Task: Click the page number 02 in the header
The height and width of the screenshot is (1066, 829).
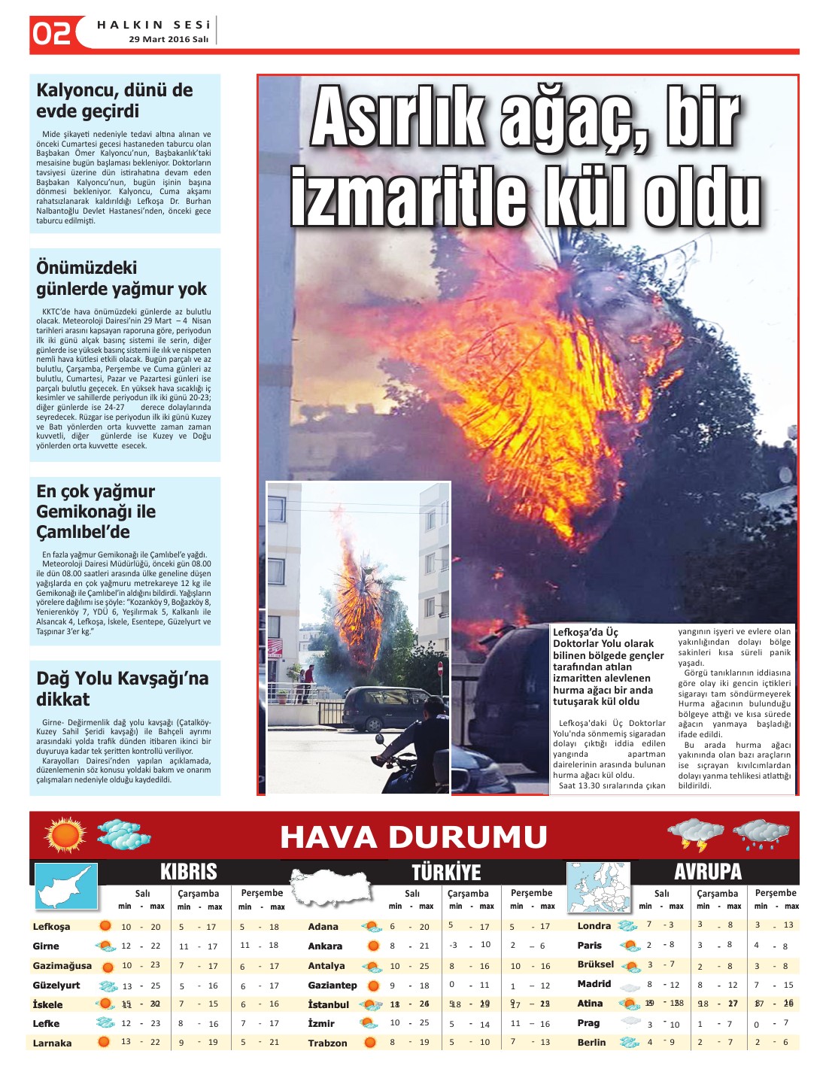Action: tap(52, 32)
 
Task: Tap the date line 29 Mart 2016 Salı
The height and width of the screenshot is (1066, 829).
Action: tap(169, 39)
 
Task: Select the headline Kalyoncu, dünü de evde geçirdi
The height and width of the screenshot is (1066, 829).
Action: tap(114, 101)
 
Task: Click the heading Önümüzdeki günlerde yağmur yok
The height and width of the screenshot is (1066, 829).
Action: tap(121, 278)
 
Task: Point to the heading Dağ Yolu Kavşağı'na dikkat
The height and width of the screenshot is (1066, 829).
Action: tap(122, 688)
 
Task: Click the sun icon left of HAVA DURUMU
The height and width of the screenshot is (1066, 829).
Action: tap(65, 835)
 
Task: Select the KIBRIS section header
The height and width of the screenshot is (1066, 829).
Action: tap(188, 872)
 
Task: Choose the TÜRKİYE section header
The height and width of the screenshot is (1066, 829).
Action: tap(446, 872)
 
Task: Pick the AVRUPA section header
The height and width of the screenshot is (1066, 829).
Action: tap(708, 872)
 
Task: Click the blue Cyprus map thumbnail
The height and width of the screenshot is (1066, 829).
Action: tap(67, 886)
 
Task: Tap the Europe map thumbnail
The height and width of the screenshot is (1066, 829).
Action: tap(598, 887)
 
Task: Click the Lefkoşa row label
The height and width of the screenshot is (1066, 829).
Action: tap(51, 927)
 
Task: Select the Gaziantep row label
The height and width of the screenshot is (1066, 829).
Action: tap(332, 986)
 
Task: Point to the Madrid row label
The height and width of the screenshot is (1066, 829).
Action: tap(594, 984)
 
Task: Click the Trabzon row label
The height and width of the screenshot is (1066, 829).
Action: tap(327, 1043)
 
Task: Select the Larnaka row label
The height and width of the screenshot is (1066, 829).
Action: tap(52, 1043)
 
